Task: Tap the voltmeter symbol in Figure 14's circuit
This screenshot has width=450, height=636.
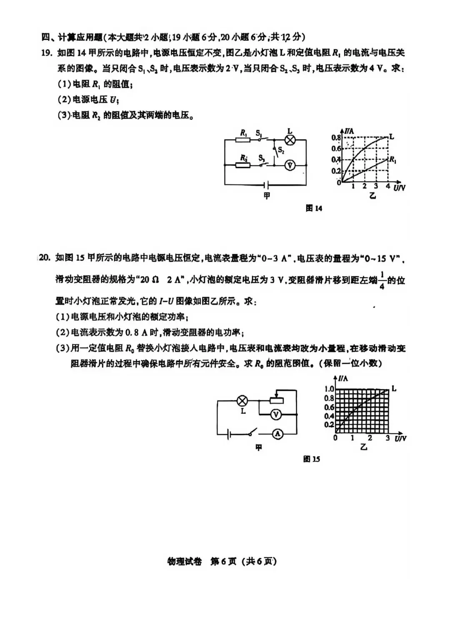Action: click(x=290, y=165)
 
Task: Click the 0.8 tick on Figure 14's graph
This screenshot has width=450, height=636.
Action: click(x=336, y=137)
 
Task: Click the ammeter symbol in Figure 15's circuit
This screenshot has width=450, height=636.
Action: click(x=277, y=434)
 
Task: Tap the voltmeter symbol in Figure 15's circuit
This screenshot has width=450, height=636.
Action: click(x=275, y=414)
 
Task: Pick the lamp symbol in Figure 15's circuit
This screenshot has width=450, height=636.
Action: click(x=242, y=401)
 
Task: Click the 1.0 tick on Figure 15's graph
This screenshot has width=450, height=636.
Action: click(x=329, y=389)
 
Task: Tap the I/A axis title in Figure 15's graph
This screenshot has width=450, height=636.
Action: click(x=343, y=378)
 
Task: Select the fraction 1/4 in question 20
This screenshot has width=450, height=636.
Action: click(x=382, y=281)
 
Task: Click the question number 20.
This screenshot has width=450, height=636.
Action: click(x=45, y=258)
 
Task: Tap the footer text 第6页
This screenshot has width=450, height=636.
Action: click(x=223, y=561)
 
